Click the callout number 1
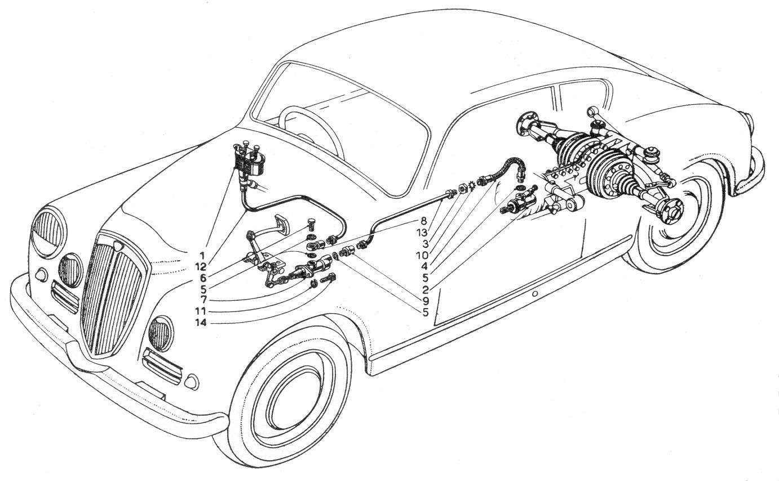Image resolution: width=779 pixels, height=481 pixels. click(202, 256)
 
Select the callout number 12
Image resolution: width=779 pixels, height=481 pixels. click(201, 267)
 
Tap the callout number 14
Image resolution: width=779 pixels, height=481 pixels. click(201, 323)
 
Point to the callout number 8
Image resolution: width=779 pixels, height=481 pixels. click(423, 221)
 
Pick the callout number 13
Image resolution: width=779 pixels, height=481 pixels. click(422, 232)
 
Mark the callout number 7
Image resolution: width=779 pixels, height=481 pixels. click(203, 300)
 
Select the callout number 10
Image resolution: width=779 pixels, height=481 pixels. click(422, 256)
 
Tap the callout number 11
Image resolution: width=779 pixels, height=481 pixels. click(201, 311)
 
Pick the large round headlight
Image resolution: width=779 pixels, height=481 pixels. click(48, 232)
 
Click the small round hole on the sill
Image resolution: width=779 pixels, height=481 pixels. click(535, 293)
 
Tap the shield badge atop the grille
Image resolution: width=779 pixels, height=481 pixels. click(119, 246)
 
